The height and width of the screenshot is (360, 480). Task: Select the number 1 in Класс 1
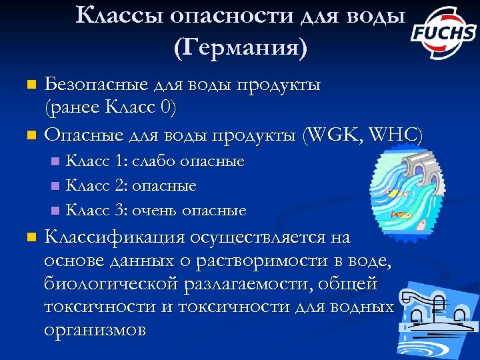[119, 161]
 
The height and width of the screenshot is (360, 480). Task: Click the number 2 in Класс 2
[120, 186]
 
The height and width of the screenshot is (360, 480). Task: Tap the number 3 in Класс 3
[120, 211]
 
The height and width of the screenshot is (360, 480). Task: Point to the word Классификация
[115, 237]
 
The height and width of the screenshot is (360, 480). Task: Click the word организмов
[94, 330]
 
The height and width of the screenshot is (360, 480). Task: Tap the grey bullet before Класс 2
[55, 187]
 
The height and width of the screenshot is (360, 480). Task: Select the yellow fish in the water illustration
[393, 193]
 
